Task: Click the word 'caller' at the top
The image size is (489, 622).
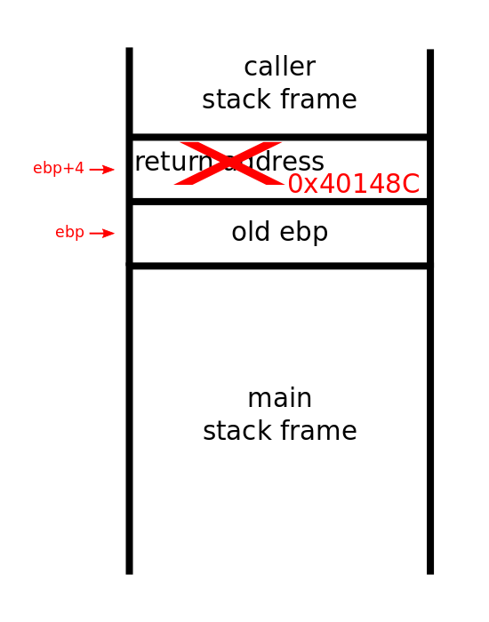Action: coord(279,68)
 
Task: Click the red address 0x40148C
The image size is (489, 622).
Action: coord(353,184)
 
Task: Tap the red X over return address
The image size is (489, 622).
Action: coord(230,163)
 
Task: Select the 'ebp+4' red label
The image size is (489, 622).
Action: coord(59,169)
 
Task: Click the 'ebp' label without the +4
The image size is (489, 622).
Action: coord(69,233)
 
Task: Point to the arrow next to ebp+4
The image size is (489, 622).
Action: coord(102,170)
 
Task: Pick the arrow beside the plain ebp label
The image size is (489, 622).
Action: coord(102,234)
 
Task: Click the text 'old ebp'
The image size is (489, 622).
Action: coord(279,233)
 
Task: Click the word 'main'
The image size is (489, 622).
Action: coord(279,398)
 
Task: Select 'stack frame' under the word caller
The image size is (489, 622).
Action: coord(279,100)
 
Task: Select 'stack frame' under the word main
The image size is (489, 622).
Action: coord(279,432)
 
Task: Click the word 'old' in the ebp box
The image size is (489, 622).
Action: coord(249,233)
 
